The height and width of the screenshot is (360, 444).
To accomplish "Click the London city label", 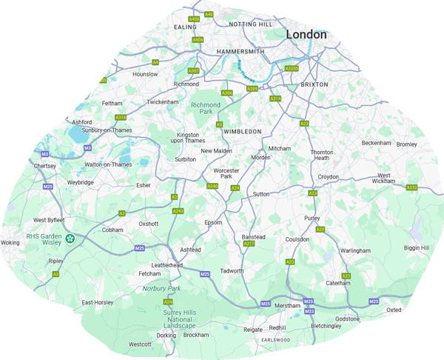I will pyautogui.click(x=306, y=34).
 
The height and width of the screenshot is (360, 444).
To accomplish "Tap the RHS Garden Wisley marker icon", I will pyautogui.click(x=70, y=239).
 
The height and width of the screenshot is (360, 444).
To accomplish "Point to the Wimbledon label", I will pyautogui.click(x=242, y=131).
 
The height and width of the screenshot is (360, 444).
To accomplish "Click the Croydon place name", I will pyautogui.click(x=328, y=177).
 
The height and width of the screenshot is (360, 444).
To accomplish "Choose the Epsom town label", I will pyautogui.click(x=213, y=222).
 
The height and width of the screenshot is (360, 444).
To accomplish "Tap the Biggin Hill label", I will pyautogui.click(x=416, y=247).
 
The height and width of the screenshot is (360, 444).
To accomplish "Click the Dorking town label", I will pyautogui.click(x=166, y=335).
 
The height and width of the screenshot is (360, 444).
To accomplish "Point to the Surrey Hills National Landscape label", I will pyautogui.click(x=180, y=319).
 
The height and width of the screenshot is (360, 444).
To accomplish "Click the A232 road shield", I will pyautogui.click(x=412, y=187).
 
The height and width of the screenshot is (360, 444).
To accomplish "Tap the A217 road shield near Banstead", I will pyautogui.click(x=249, y=244).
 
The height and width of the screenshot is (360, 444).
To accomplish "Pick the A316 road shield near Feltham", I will pyautogui.click(x=121, y=117).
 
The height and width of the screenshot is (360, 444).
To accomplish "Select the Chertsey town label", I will pyautogui.click(x=45, y=166).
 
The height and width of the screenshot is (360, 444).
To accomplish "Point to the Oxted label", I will pyautogui.click(x=394, y=310).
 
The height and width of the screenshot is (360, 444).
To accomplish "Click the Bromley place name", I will pyautogui.click(x=406, y=144).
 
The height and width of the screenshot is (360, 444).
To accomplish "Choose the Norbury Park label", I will pyautogui.click(x=161, y=288).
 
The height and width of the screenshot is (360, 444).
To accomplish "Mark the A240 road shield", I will pyautogui.click(x=212, y=186).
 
